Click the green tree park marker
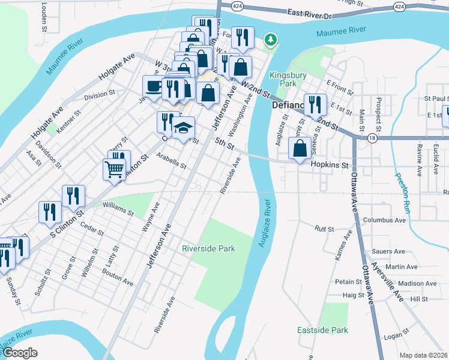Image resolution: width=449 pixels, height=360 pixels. click(x=271, y=40)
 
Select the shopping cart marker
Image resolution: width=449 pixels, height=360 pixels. click(x=114, y=168)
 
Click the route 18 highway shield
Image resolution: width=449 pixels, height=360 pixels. click(x=373, y=137)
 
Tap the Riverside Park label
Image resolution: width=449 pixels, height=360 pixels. click(x=209, y=248)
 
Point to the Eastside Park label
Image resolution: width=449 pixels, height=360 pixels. click(x=322, y=331)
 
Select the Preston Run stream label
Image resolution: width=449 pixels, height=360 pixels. click(x=402, y=194)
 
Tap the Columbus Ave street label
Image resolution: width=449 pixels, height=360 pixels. click(x=384, y=220)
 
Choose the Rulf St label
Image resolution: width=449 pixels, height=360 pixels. click(x=324, y=228)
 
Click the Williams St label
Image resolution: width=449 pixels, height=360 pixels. click(x=118, y=209)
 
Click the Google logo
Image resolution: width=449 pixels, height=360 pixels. click(x=19, y=353)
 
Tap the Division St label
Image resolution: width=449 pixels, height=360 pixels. click(x=99, y=95)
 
